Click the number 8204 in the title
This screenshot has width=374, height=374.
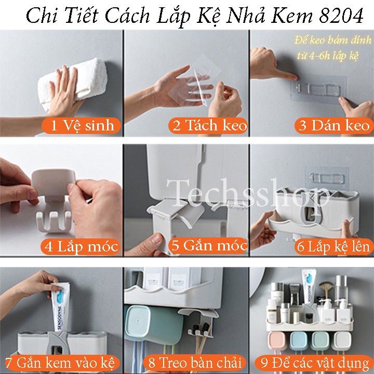click(x=341, y=16)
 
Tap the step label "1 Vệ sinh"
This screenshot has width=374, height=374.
click(x=82, y=125)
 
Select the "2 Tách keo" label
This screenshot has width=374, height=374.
click(x=208, y=125)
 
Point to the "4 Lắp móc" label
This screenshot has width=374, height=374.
click(x=81, y=246)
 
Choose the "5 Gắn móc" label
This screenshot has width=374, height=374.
click(x=208, y=246)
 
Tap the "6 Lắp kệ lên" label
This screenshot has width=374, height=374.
click(x=334, y=246)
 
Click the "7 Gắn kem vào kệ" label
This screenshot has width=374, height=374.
click(x=60, y=363)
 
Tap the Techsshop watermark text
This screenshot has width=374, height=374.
click(x=248, y=194)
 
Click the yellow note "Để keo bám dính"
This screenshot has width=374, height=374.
click(x=333, y=40)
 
